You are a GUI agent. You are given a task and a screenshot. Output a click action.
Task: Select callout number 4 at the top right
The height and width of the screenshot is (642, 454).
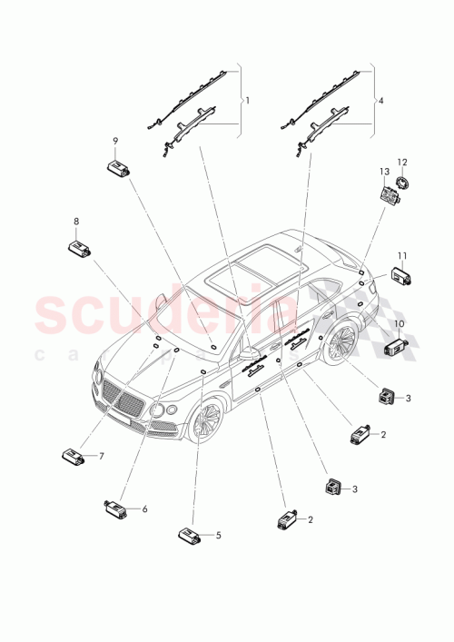(x=381, y=101)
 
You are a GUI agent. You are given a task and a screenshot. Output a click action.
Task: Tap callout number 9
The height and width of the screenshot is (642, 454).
(x=115, y=141)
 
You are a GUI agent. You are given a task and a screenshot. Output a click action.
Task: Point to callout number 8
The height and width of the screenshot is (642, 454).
(x=76, y=221)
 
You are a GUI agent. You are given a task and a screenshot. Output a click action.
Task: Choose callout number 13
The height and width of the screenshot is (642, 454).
(x=385, y=171)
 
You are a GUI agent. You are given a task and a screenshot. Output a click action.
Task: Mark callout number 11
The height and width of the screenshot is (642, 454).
(x=401, y=255)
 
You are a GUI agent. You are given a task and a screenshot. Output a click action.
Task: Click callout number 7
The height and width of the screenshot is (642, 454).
(x=102, y=456)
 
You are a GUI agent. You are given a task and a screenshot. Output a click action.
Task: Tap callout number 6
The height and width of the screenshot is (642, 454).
(x=144, y=510)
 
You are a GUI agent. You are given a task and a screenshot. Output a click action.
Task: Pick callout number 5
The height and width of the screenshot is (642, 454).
(x=218, y=537)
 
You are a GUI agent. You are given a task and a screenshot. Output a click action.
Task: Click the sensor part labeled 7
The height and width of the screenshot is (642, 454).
(x=73, y=455)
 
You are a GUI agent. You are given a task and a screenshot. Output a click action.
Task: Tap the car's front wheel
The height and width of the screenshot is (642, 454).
(x=204, y=420)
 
